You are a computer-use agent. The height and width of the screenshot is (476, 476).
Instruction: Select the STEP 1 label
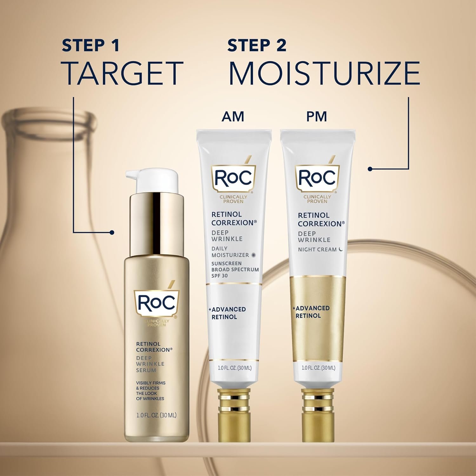coord(90,45)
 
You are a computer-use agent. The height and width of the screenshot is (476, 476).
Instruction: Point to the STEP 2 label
coord(257,45)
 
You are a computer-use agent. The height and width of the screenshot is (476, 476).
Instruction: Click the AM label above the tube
coord(233,116)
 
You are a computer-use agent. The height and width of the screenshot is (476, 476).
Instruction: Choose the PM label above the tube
coord(316,116)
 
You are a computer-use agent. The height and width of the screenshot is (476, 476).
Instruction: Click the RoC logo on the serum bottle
coord(156,303)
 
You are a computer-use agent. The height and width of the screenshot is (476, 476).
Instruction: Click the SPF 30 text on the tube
coord(220,276)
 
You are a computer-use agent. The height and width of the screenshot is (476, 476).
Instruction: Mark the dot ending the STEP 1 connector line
coord(112,233)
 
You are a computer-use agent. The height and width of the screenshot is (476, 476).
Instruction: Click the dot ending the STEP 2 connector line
coord(370,169)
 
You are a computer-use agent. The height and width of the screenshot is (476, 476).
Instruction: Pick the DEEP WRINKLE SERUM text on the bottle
coord(150,364)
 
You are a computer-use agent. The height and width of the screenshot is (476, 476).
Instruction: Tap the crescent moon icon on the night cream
coord(341,249)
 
